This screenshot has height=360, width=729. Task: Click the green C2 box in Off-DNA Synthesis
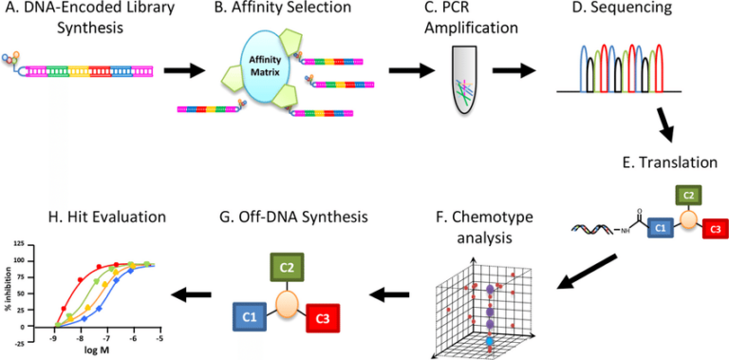[x=286, y=268]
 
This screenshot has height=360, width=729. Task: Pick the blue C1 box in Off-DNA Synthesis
[x=251, y=315]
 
